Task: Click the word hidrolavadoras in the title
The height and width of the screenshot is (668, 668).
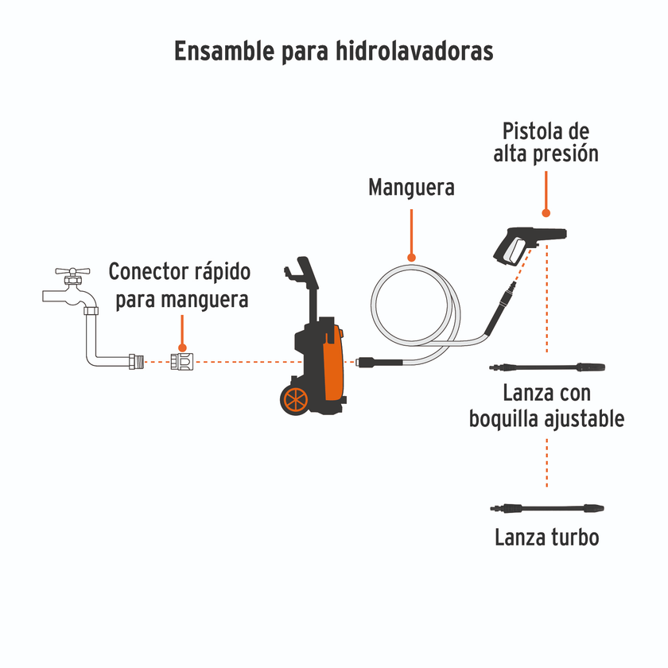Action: coord(414,51)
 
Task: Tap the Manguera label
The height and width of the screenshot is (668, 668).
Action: coord(412,188)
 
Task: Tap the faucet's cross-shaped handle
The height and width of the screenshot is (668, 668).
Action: coord(72,271)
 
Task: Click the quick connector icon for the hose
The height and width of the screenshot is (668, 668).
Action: coord(182,362)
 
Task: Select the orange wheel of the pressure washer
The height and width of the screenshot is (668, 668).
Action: coord(295,400)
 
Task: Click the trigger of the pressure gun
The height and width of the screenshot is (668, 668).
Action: coord(514,251)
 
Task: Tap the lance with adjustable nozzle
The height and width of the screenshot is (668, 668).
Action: coord(547,367)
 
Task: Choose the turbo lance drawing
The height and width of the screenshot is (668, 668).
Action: coord(547,508)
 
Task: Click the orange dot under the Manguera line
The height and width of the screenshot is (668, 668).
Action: coord(411,258)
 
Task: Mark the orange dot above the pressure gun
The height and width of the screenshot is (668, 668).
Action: coord(546,212)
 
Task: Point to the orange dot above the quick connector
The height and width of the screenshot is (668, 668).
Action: coord(182,348)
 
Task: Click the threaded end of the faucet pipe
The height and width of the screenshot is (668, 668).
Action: coord(136,362)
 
